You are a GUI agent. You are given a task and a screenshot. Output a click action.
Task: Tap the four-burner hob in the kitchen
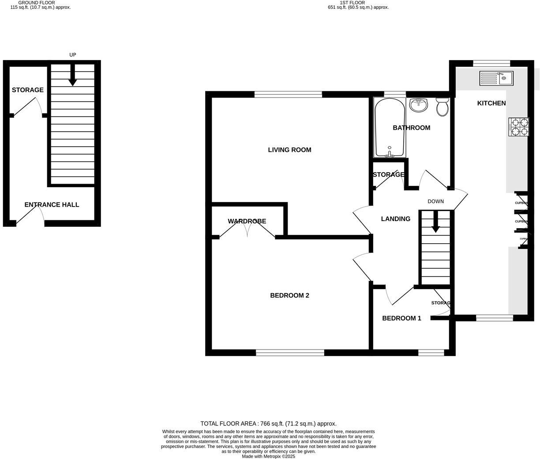(x=518, y=127)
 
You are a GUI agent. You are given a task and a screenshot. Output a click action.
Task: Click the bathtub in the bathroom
(x=389, y=128)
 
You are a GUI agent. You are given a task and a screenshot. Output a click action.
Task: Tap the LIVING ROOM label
(x=289, y=150)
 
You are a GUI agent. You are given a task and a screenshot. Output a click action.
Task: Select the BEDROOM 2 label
(x=289, y=296)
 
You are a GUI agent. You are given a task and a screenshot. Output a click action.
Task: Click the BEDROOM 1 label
(x=401, y=318)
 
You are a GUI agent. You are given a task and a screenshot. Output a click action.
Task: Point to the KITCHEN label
(x=491, y=103)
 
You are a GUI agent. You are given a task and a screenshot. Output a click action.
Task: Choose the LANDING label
(x=395, y=219)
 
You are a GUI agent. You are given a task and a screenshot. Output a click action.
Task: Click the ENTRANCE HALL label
(x=52, y=205)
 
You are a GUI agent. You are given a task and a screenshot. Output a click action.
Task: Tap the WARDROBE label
(x=247, y=221)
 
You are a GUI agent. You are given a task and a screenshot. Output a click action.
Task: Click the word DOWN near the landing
(x=435, y=202)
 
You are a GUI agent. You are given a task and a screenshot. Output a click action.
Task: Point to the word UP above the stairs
(x=73, y=55)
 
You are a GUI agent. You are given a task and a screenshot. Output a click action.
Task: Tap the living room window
(x=288, y=94)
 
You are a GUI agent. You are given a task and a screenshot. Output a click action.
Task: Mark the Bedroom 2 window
(x=290, y=352)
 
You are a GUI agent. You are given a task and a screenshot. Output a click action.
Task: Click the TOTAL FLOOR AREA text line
(x=268, y=424)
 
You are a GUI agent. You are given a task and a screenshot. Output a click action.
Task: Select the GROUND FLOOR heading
(x=37, y=3)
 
